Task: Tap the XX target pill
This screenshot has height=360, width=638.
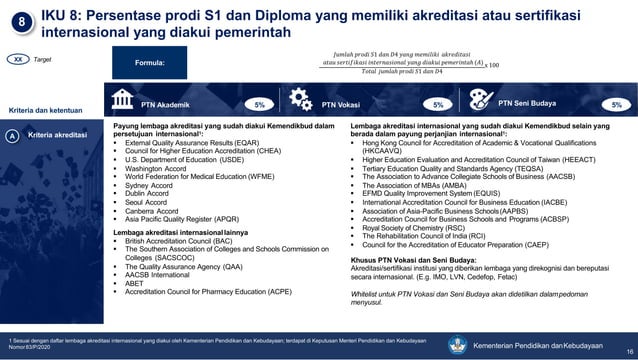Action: tap(17, 60)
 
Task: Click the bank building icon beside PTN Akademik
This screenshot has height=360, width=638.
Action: tap(124, 101)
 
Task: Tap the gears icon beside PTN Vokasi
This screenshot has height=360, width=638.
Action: tap(300, 101)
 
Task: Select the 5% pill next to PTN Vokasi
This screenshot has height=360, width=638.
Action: tap(438, 103)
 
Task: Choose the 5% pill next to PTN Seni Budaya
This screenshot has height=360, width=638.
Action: tap(616, 103)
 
